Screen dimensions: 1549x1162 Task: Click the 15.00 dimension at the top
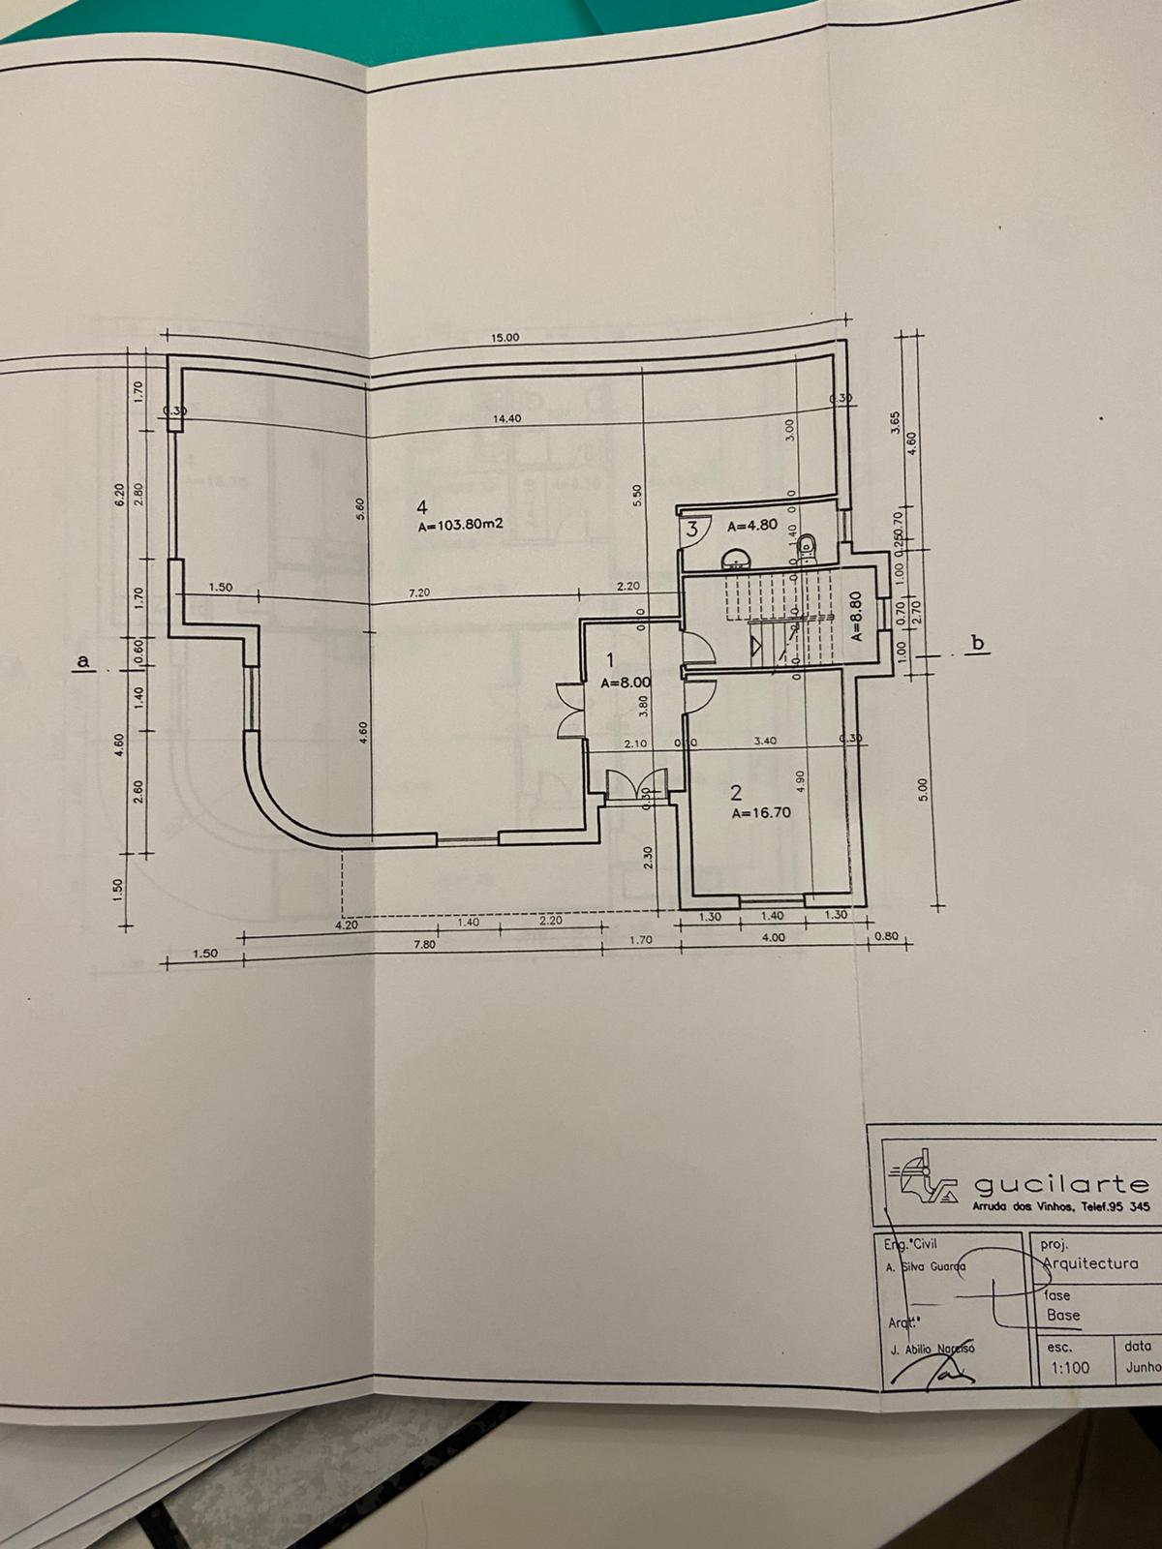(x=505, y=338)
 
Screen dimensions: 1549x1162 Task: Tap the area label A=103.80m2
(x=462, y=527)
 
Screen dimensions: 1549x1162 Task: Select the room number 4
(x=421, y=506)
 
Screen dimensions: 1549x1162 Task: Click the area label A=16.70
(x=761, y=813)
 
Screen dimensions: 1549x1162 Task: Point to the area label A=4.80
(x=752, y=526)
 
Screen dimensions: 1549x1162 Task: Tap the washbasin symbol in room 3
(x=736, y=559)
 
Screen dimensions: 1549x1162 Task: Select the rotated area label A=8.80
(x=856, y=619)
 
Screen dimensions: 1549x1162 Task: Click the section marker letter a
(x=83, y=660)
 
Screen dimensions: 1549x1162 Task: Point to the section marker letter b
(x=978, y=642)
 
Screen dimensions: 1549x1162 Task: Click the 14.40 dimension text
(x=506, y=419)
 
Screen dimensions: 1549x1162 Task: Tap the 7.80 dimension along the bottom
(x=423, y=945)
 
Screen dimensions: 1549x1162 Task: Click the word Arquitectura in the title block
(x=1089, y=1263)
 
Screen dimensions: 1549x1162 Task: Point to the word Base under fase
(x=1063, y=1315)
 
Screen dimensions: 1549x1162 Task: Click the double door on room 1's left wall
(x=569, y=710)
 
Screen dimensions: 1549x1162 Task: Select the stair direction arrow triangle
(x=755, y=646)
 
